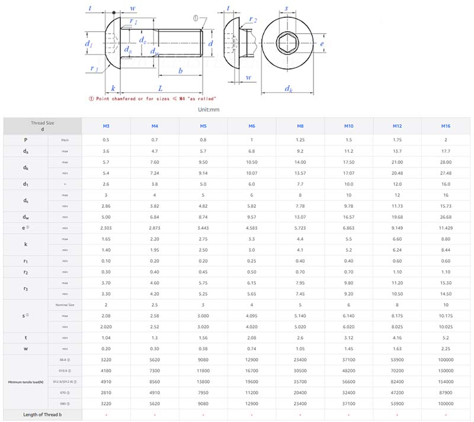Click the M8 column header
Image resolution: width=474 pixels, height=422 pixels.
300,125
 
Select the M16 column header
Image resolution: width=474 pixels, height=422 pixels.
446,125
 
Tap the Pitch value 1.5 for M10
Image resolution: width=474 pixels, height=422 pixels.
349,140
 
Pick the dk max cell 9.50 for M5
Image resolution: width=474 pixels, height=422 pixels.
203,162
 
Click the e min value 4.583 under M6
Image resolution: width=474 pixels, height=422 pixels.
252,227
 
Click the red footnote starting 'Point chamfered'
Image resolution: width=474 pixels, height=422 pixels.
152,98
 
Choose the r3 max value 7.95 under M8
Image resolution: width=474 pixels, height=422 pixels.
300,282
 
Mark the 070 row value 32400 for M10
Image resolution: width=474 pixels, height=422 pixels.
349,392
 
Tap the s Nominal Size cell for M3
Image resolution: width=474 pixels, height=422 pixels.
106,304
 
